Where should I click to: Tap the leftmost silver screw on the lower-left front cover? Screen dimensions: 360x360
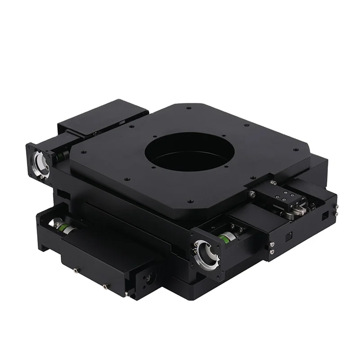[x=74, y=271]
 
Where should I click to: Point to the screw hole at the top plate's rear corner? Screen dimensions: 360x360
[x=189, y=108]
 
